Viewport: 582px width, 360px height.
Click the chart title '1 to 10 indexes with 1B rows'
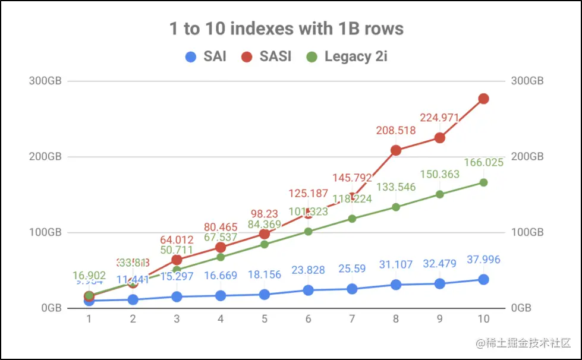click(x=287, y=29)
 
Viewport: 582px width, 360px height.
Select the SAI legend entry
click(x=206, y=57)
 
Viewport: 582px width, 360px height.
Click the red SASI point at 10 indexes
click(x=483, y=99)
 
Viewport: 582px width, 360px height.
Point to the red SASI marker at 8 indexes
click(x=396, y=150)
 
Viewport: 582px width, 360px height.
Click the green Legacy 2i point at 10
click(x=483, y=182)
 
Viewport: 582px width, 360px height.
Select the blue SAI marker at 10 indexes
click(x=483, y=279)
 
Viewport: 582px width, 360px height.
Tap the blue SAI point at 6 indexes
click(x=309, y=290)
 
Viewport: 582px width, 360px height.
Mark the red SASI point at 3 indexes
click(x=177, y=260)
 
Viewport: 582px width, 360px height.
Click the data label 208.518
click(x=396, y=130)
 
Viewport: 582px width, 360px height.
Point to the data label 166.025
click(x=483, y=162)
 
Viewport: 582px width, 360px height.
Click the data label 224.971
click(x=439, y=118)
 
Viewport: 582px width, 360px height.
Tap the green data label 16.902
click(x=89, y=276)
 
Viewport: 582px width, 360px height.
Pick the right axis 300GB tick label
click(x=528, y=81)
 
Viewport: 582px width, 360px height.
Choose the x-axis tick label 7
click(x=352, y=319)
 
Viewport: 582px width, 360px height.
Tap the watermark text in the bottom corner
click(x=518, y=343)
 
